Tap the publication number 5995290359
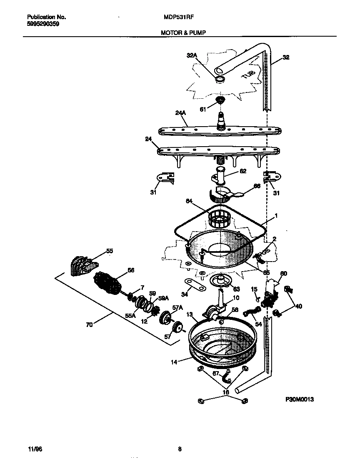click(43, 24)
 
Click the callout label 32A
click(191, 55)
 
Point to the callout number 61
click(203, 110)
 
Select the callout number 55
click(110, 251)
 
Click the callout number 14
click(174, 362)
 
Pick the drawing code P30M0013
click(299, 399)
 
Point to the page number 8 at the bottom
click(180, 449)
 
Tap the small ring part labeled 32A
click(220, 79)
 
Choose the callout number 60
click(283, 274)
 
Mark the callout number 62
click(243, 170)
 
